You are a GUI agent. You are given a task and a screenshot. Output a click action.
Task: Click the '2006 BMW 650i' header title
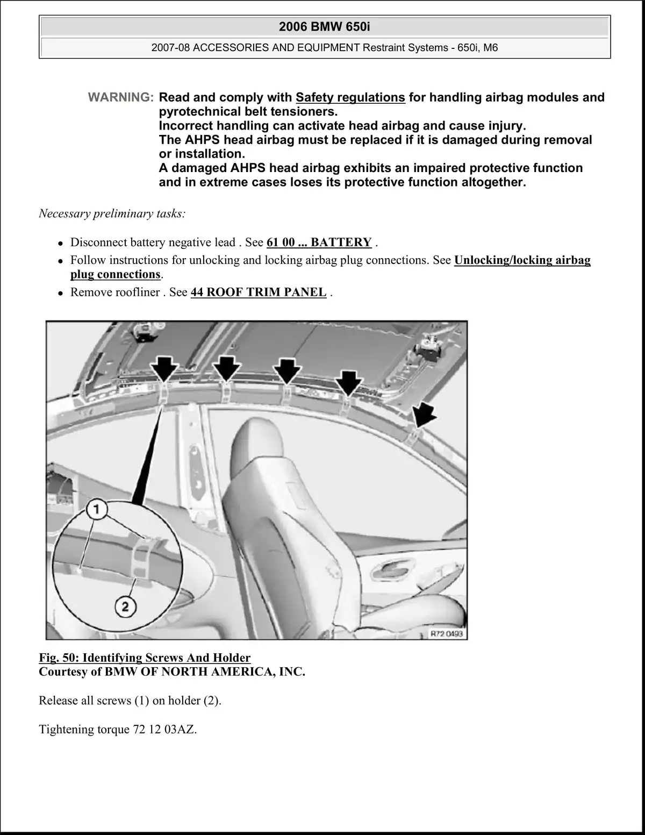(x=324, y=26)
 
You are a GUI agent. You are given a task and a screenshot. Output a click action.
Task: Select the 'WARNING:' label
(x=121, y=97)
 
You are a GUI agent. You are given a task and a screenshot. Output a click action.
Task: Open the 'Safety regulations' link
(x=350, y=97)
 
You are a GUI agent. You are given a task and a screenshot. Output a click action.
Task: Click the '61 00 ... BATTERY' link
(x=319, y=242)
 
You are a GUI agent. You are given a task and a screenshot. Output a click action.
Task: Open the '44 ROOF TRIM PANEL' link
(x=258, y=292)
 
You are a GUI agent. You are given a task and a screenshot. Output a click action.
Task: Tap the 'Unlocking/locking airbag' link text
(x=522, y=260)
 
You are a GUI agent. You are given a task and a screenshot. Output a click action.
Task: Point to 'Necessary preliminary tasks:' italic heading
(x=112, y=213)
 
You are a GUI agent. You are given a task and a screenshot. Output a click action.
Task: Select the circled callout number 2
(x=125, y=606)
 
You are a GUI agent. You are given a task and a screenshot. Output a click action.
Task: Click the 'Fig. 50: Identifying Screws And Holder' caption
(x=145, y=658)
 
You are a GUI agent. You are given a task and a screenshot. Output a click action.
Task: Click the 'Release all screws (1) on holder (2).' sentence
(x=130, y=701)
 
